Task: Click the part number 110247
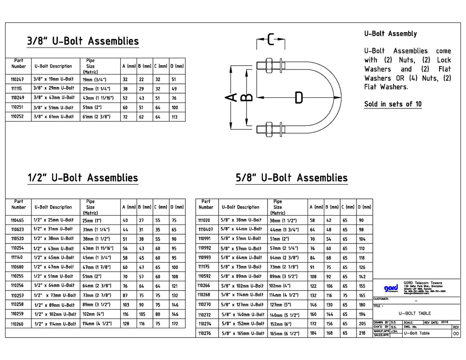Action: pos(17,79)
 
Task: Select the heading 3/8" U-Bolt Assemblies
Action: pos(83,41)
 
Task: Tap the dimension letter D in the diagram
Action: pos(298,97)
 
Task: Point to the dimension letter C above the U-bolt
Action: pos(271,39)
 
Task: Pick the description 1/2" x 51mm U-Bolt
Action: pos(54,277)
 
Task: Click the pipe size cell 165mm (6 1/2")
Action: pos(285,333)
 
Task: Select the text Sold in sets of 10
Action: pos(393,104)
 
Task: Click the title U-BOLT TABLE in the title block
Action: pos(414,313)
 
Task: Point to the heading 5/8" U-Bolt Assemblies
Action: pos(292,178)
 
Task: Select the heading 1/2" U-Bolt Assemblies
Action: pos(83,178)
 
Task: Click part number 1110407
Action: pos(205,230)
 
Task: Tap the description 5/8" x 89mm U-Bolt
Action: pos(242,277)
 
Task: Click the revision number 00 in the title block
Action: pos(456,334)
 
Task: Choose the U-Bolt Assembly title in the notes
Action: pos(390,34)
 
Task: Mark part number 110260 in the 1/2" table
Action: pos(18,324)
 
